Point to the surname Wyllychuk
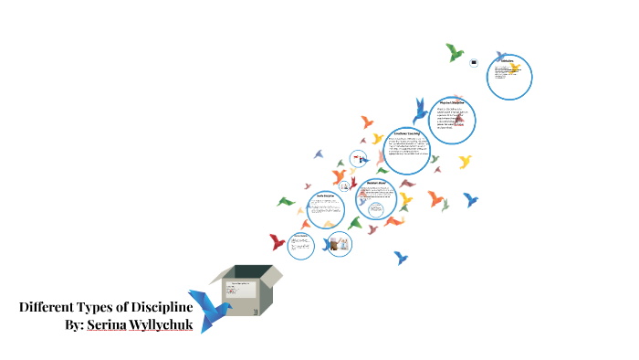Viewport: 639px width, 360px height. click(x=165, y=324)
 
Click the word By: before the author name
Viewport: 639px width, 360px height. click(x=75, y=324)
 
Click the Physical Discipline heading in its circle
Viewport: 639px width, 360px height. click(x=453, y=102)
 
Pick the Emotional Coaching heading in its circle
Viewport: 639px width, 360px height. click(x=407, y=133)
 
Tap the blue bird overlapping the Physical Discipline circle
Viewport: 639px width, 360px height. click(x=421, y=111)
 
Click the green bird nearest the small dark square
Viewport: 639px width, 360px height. click(x=455, y=52)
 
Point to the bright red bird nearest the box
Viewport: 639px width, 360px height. click(x=278, y=242)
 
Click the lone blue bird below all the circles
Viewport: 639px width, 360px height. click(x=401, y=258)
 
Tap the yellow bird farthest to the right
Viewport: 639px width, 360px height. click(x=466, y=162)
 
